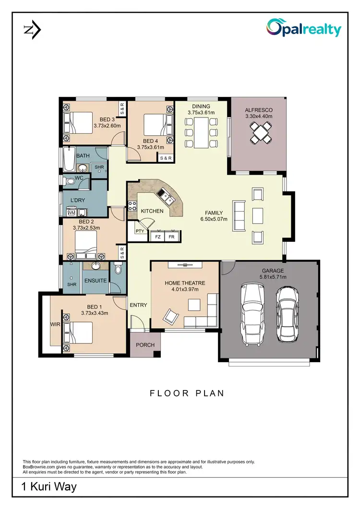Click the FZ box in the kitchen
point(157,237)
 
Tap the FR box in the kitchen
point(171,237)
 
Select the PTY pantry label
point(140,231)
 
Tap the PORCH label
point(145,344)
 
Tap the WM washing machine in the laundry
point(71,212)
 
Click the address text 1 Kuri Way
point(49,487)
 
